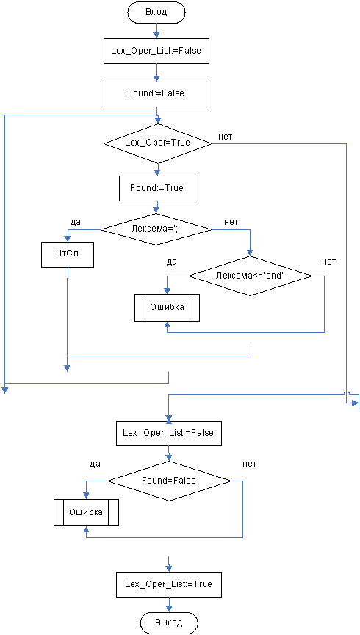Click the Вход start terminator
coord(156,12)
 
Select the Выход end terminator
coord(169,622)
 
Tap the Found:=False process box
coord(156,93)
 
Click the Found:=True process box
coord(156,188)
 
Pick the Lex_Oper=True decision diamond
coord(158,143)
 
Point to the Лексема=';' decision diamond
coord(156,229)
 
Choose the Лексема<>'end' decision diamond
coord(251,276)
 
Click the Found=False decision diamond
coord(169,481)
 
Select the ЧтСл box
coord(67,254)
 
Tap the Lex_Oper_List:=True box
coord(169,584)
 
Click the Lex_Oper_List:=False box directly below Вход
coord(156,51)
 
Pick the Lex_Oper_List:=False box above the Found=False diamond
coord(169,433)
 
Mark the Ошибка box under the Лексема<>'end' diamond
coord(167,307)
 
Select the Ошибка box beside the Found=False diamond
coord(86,512)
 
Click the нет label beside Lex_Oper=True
coord(226,137)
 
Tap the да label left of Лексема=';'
coord(75,222)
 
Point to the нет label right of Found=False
coord(249,464)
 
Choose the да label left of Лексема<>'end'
coord(172,262)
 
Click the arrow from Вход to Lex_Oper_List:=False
coord(156,30)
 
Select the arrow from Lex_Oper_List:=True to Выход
coord(169,604)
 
